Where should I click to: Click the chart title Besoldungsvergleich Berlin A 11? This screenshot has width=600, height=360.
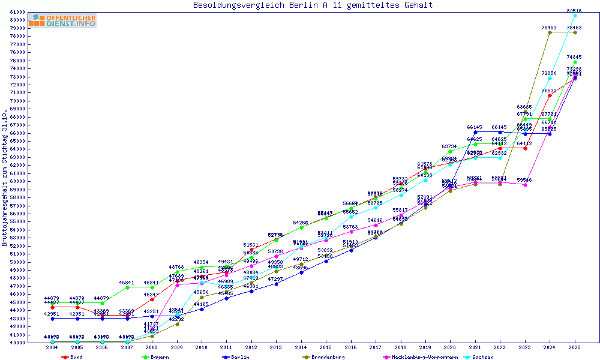pyautogui.click(x=313, y=5)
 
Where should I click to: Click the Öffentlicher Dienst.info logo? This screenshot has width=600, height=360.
pyautogui.click(x=62, y=20)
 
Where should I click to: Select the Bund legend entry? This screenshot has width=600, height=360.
pyautogui.click(x=73, y=357)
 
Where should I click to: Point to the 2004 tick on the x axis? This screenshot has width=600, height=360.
pyautogui.click(x=52, y=347)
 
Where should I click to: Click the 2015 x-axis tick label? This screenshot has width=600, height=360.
pyautogui.click(x=326, y=347)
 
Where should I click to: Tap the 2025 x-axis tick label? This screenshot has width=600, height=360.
pyautogui.click(x=575, y=347)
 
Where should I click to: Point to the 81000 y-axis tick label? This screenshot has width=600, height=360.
pyautogui.click(x=17, y=12)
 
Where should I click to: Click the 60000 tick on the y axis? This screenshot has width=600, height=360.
pyautogui.click(x=17, y=181)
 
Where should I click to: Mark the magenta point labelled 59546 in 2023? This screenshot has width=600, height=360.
pyautogui.click(x=525, y=185)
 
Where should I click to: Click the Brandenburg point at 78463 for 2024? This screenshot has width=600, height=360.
pyautogui.click(x=550, y=32)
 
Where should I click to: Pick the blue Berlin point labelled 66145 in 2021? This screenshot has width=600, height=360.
pyautogui.click(x=475, y=132)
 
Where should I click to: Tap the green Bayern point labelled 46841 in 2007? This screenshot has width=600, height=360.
pyautogui.click(x=127, y=287)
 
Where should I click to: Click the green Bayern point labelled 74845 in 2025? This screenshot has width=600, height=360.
pyautogui.click(x=575, y=62)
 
